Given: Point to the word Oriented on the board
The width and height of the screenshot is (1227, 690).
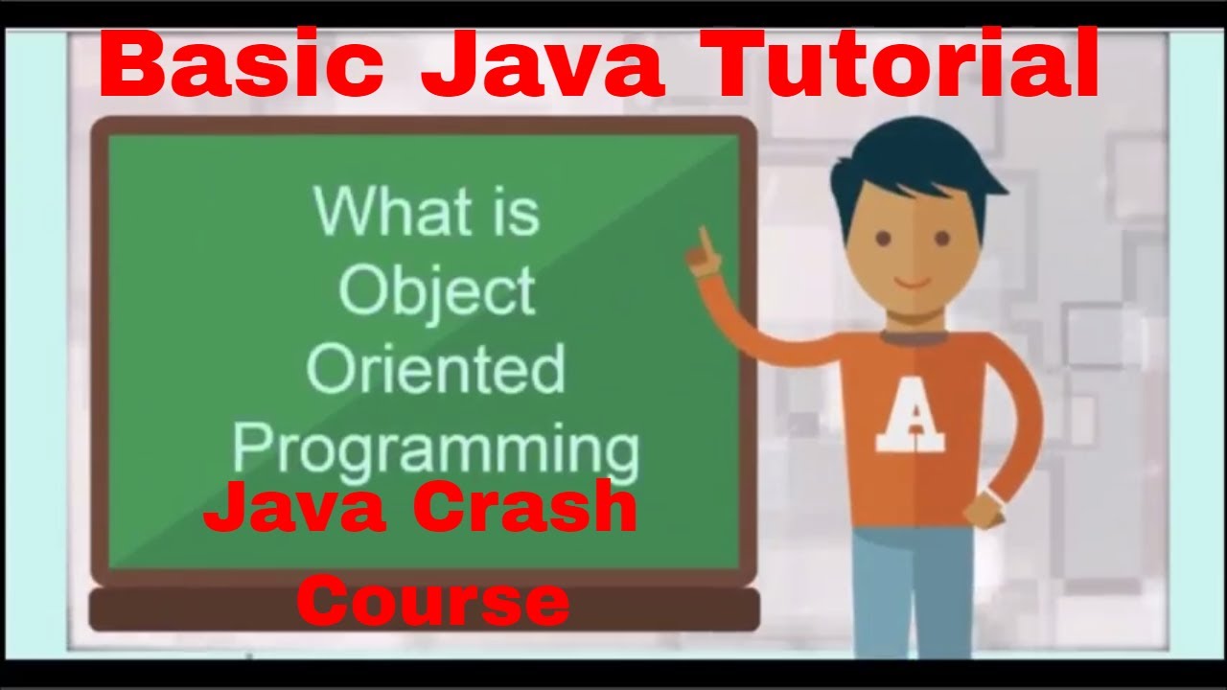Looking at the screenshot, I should coord(436,369).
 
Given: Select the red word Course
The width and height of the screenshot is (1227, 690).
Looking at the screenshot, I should coord(433,601).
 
